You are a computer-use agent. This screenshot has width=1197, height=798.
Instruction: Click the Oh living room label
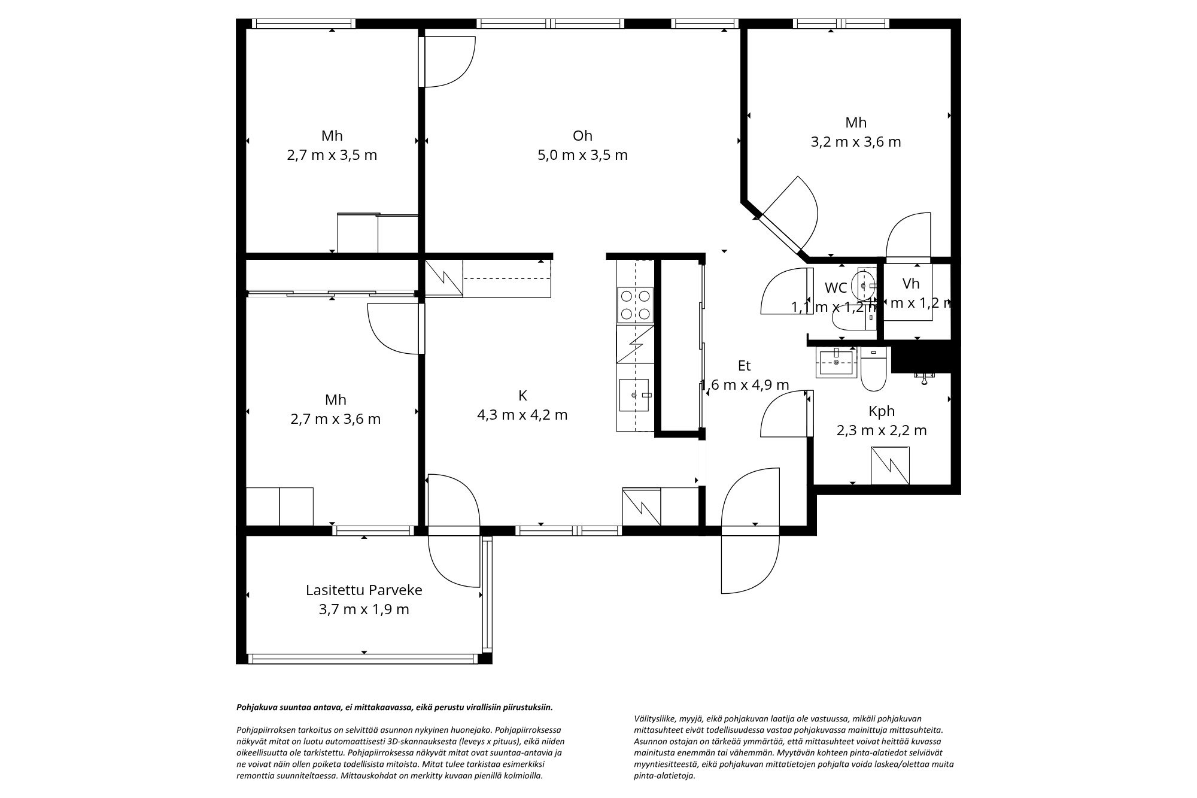tap(582, 135)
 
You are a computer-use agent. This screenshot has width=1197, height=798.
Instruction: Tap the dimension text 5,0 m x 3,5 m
tap(582, 155)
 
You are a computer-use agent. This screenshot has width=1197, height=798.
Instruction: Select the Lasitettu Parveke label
tap(364, 590)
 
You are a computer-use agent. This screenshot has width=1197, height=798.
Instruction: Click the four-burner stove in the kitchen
tap(635, 305)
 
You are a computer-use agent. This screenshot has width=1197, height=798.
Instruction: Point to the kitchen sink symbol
tap(634, 395)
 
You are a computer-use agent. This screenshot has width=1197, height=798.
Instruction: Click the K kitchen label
tap(522, 395)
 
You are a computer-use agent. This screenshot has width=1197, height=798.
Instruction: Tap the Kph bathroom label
tap(882, 411)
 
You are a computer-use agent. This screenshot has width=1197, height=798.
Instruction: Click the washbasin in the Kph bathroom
tap(836, 362)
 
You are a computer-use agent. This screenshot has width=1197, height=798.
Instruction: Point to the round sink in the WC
tap(864, 286)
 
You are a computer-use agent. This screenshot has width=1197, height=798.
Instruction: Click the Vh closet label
tap(911, 283)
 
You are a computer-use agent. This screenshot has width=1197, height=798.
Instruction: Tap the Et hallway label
tap(744, 365)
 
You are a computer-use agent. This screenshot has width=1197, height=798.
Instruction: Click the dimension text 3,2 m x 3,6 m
tap(855, 142)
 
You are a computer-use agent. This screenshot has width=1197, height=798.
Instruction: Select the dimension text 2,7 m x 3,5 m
tap(332, 155)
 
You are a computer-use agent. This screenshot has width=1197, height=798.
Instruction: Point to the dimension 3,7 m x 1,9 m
tap(364, 609)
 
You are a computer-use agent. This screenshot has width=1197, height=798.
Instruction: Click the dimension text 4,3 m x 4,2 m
tap(522, 414)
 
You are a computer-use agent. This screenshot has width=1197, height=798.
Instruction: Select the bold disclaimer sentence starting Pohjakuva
tap(394, 707)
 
